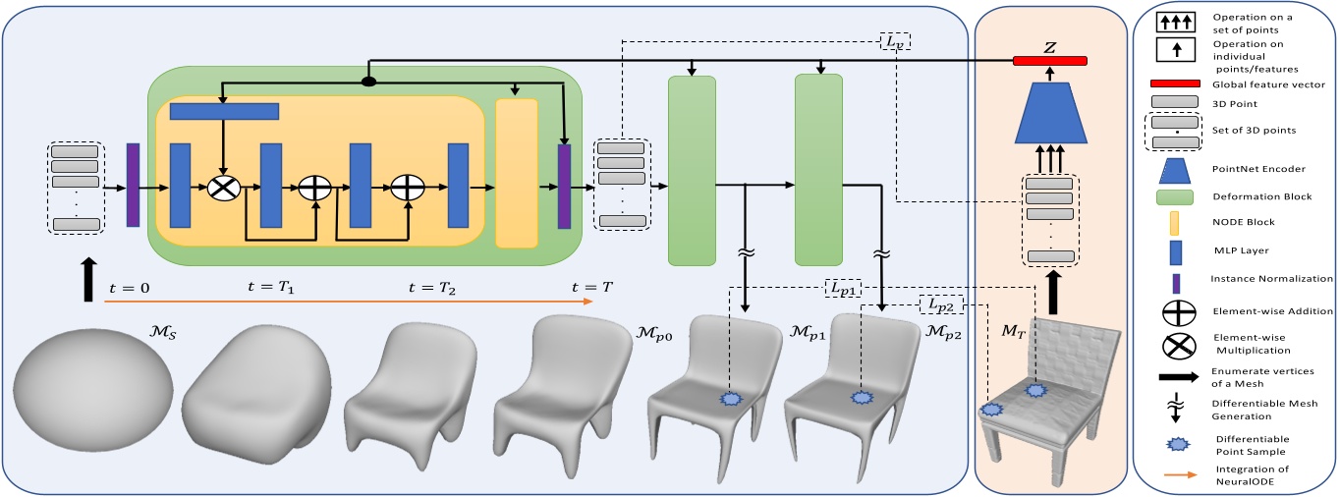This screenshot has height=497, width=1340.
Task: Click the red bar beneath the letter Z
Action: pyautogui.click(x=1051, y=62)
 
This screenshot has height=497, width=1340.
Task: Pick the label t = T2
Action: pyautogui.click(x=433, y=287)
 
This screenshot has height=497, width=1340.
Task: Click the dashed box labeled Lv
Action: pyautogui.click(x=894, y=41)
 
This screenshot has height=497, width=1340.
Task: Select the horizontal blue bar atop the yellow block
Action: pyautogui.click(x=225, y=112)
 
